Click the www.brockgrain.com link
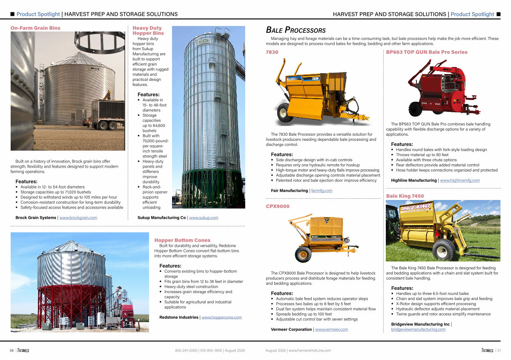[x=78, y=217]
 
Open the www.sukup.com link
[x=204, y=217]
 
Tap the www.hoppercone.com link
[x=221, y=317]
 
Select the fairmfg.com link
[x=322, y=190]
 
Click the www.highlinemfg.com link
[x=459, y=180]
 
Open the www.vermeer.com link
[x=331, y=329]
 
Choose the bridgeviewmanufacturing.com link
[x=418, y=329]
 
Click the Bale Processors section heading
[x=296, y=30]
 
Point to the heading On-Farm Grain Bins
[x=35, y=28]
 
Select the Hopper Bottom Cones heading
[x=182, y=240]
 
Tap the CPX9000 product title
[x=278, y=206]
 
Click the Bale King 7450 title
[x=405, y=196]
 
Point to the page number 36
[x=11, y=350]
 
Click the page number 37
[x=499, y=350]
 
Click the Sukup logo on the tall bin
[x=204, y=42]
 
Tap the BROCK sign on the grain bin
[x=95, y=68]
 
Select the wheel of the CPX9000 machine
[x=303, y=254]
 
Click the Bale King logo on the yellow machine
[x=416, y=207]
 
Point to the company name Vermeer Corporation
[x=291, y=329]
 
